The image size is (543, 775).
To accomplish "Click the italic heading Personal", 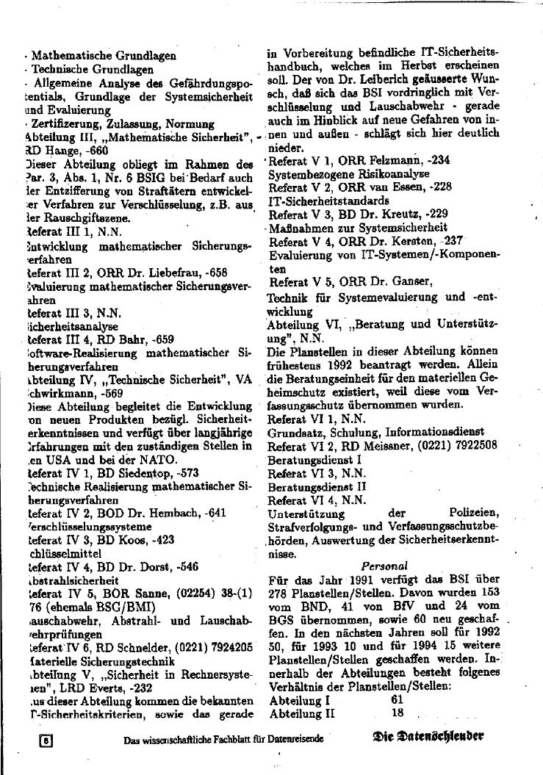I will point(384,566).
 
